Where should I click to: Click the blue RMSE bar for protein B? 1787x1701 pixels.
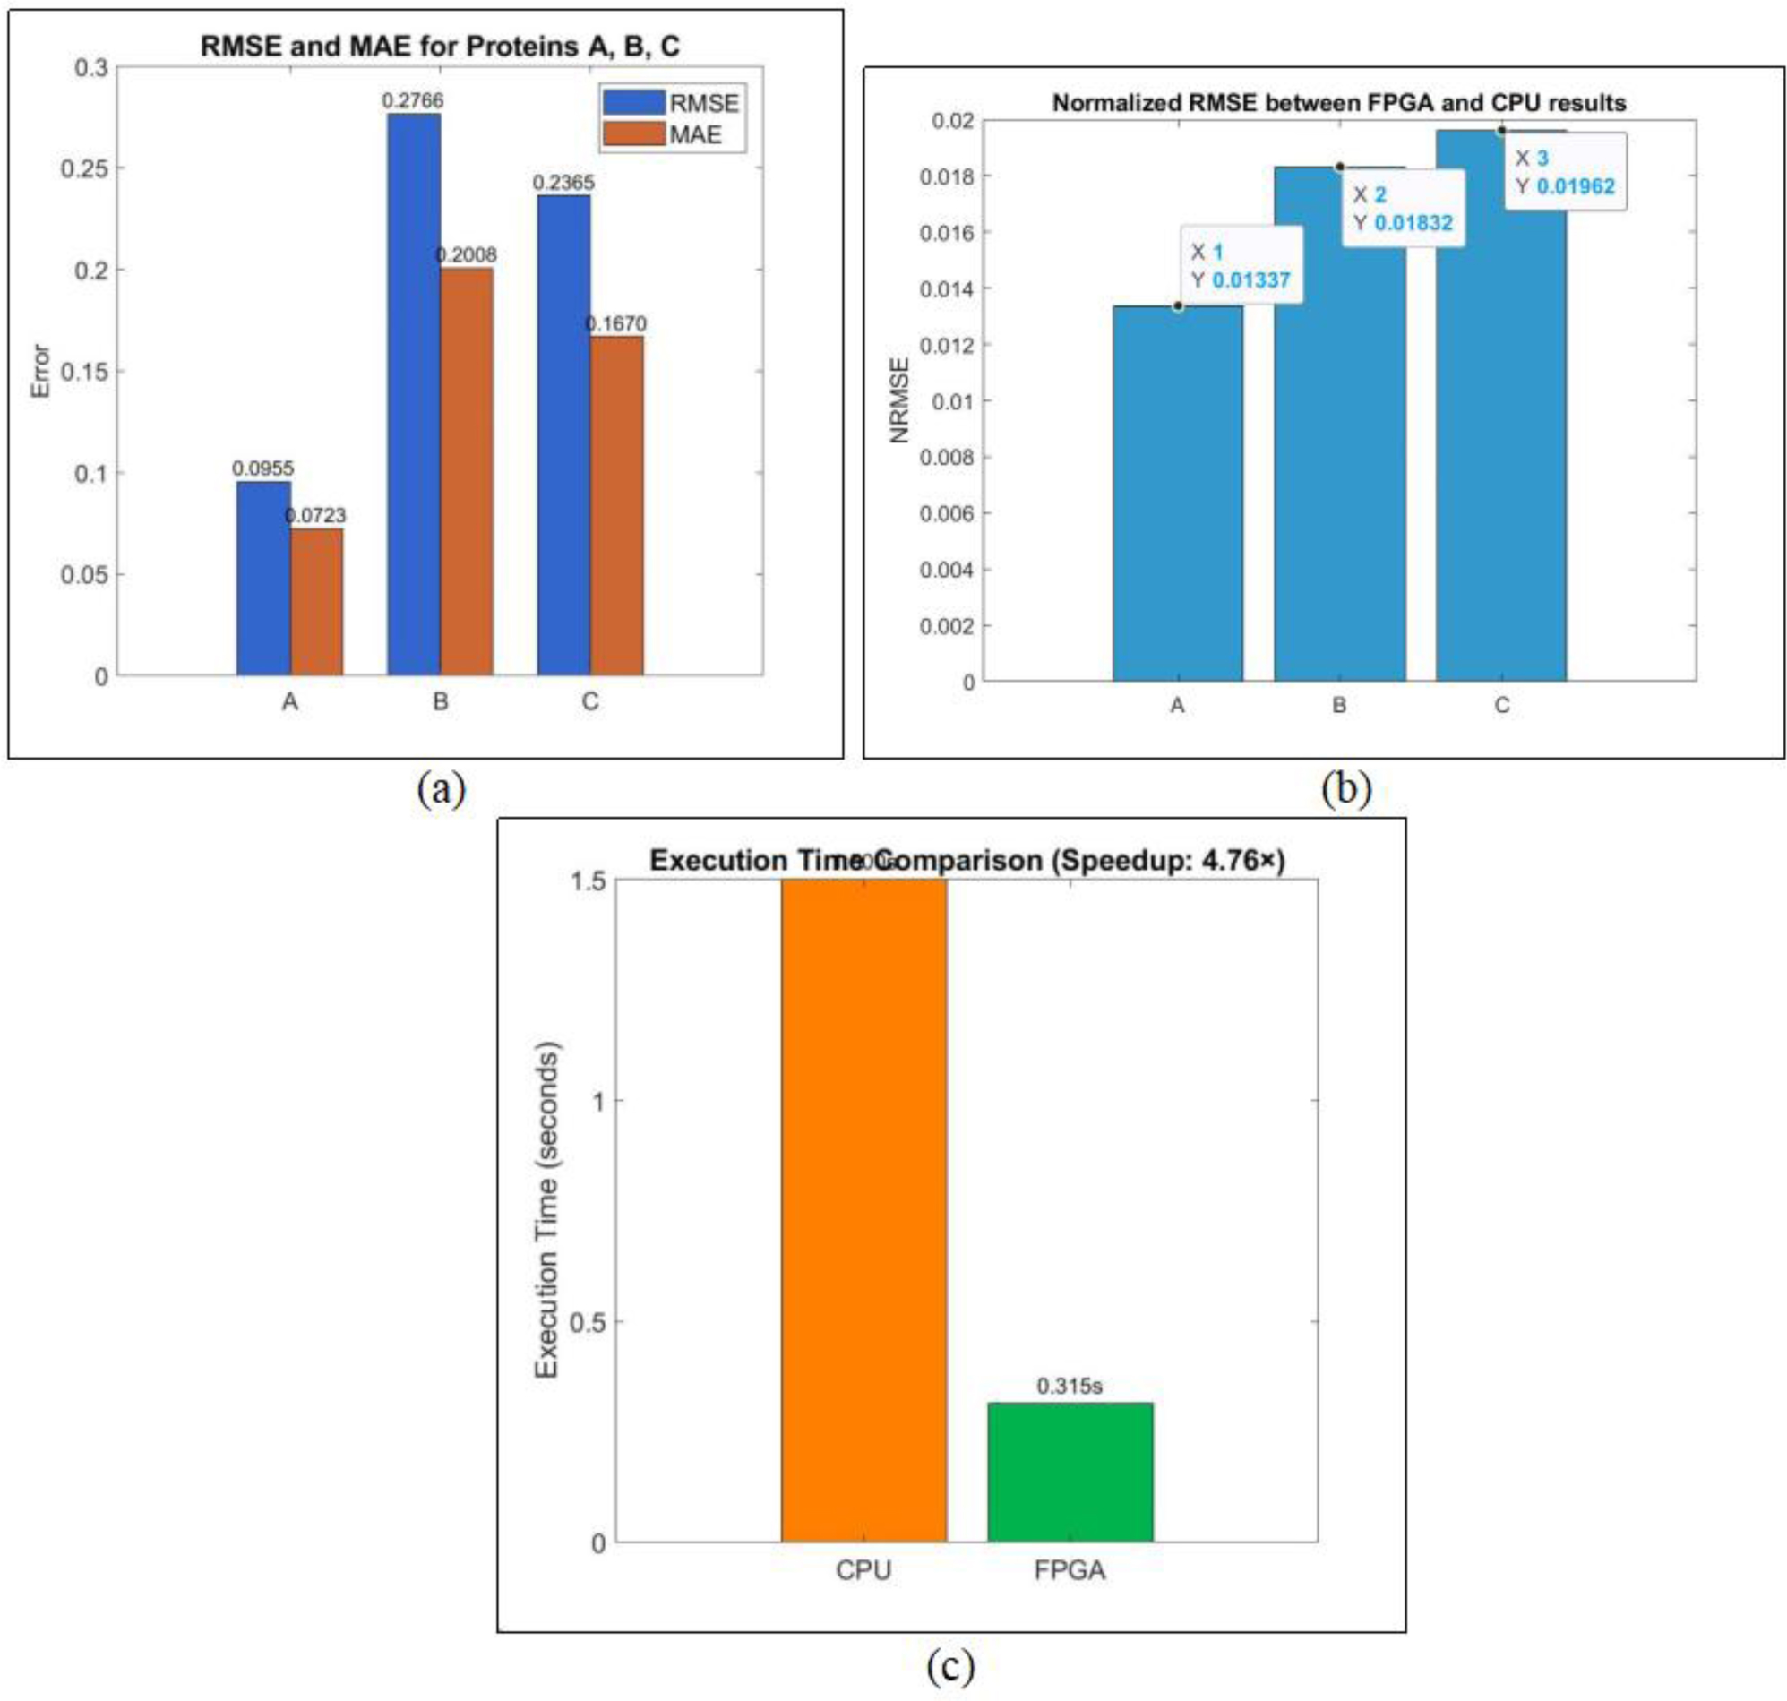point(414,394)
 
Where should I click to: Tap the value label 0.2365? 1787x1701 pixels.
point(563,182)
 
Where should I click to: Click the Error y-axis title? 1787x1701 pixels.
point(40,371)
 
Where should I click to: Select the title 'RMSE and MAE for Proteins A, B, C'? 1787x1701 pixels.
point(440,47)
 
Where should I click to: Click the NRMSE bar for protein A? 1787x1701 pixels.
point(1177,494)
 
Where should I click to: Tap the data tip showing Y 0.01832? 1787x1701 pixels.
point(1403,209)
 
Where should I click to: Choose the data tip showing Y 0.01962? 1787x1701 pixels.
point(1565,172)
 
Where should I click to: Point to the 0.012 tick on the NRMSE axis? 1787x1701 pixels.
point(947,346)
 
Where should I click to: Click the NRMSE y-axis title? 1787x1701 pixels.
point(898,400)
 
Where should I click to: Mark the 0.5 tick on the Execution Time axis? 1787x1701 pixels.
point(587,1321)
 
